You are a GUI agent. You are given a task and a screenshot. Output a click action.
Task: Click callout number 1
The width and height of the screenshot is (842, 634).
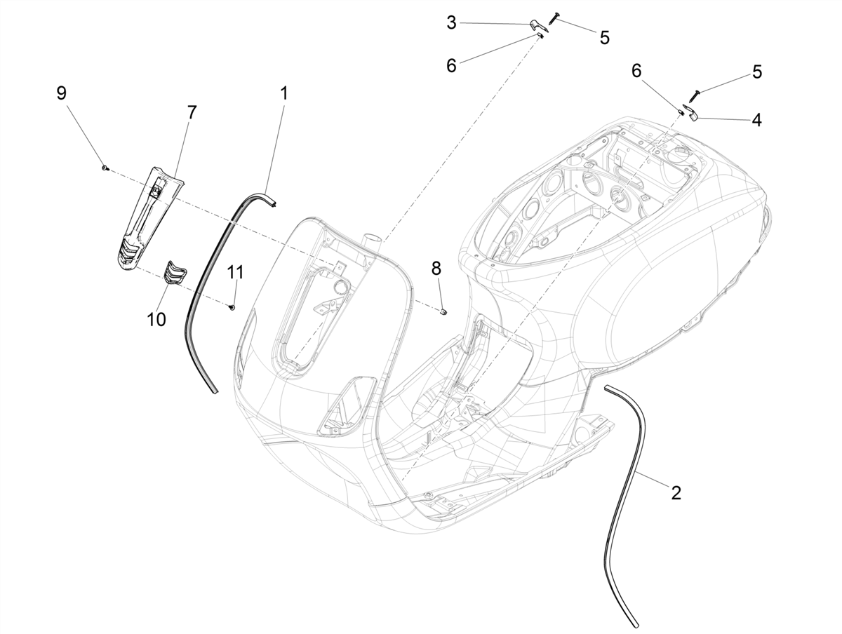tap(284, 93)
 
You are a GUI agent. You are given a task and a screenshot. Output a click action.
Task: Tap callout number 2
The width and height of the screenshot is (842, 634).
tap(676, 492)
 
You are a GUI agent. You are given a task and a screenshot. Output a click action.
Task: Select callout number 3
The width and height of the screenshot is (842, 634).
tap(452, 23)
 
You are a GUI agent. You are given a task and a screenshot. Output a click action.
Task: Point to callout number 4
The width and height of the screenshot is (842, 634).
tap(756, 121)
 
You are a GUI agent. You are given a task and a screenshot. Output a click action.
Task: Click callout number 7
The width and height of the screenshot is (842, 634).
tap(192, 112)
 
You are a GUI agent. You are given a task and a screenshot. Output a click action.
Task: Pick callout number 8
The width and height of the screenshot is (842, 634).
tap(436, 269)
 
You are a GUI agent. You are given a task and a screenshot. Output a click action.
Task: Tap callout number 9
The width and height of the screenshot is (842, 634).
tap(61, 93)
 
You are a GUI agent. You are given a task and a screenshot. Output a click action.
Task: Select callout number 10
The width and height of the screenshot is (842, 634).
tap(156, 319)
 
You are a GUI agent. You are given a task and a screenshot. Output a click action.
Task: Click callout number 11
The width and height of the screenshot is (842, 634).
tap(235, 273)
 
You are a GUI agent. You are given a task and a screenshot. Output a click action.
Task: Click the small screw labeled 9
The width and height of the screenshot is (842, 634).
tap(105, 168)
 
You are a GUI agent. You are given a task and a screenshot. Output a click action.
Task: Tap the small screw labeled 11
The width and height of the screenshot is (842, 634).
tap(232, 306)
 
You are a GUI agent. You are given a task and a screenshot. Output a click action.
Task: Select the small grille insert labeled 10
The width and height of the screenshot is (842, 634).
tap(174, 273)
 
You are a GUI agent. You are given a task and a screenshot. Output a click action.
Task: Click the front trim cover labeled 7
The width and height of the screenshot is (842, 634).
tap(147, 219)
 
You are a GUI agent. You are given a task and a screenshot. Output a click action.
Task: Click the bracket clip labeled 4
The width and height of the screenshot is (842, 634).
tap(690, 114)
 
